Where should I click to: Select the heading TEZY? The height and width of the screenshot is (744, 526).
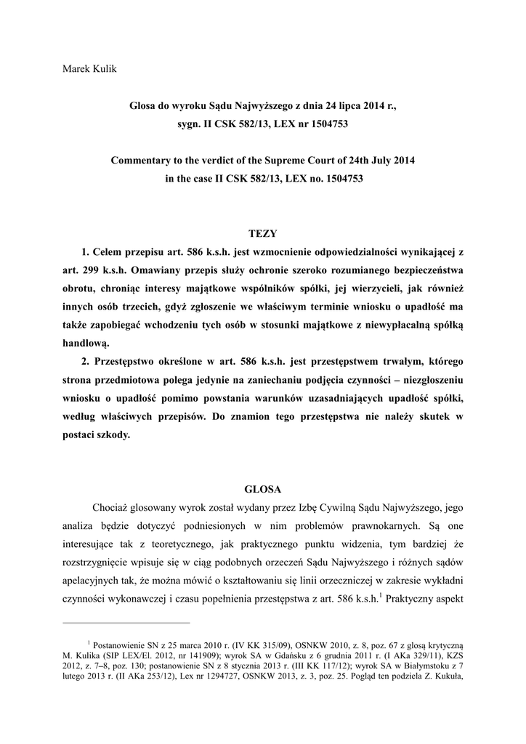[262, 233]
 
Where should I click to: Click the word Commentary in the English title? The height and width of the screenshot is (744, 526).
[142, 159]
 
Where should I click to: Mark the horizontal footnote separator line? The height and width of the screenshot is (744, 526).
[126, 623]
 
